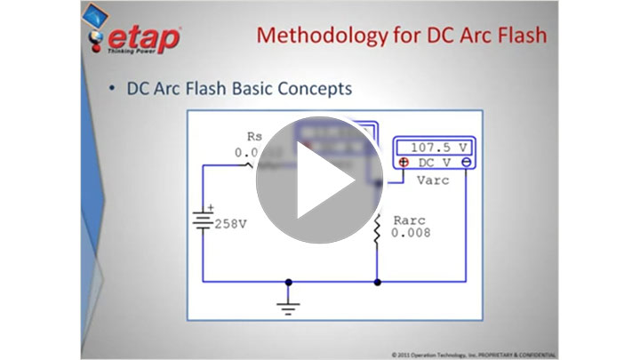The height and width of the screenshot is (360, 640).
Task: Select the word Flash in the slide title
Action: (x=508, y=36)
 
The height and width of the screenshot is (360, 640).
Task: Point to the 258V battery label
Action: (x=229, y=224)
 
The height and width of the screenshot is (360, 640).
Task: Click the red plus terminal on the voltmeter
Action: (x=403, y=163)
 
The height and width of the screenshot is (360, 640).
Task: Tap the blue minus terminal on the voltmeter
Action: (x=466, y=163)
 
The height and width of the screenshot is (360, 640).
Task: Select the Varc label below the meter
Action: (x=432, y=180)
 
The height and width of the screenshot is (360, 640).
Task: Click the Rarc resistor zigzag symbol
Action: (x=377, y=229)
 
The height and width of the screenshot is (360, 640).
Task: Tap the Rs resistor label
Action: (x=253, y=137)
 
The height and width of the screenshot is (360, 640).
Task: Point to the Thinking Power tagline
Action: (x=132, y=52)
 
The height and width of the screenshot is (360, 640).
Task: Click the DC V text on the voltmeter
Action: (x=435, y=163)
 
